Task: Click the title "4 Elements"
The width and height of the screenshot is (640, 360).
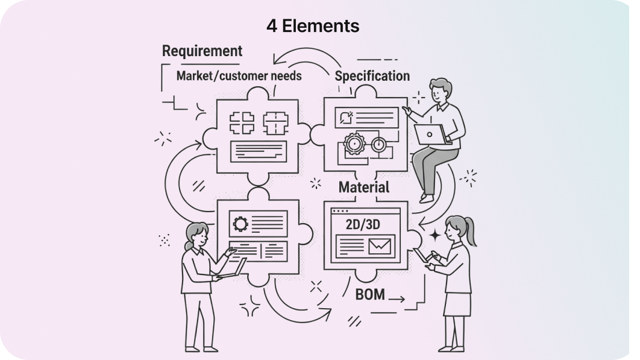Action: (313, 26)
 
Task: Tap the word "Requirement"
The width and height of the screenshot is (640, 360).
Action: (202, 51)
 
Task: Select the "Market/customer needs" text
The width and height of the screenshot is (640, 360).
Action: (239, 76)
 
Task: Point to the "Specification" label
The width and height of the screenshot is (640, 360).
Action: (372, 76)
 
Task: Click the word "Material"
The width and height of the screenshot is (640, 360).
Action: (363, 187)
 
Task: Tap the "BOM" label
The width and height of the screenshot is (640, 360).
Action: (370, 295)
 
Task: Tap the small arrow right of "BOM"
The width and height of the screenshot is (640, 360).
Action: (397, 297)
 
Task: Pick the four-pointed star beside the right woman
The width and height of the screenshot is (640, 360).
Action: (433, 235)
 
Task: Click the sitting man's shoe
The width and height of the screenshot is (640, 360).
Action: (427, 198)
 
